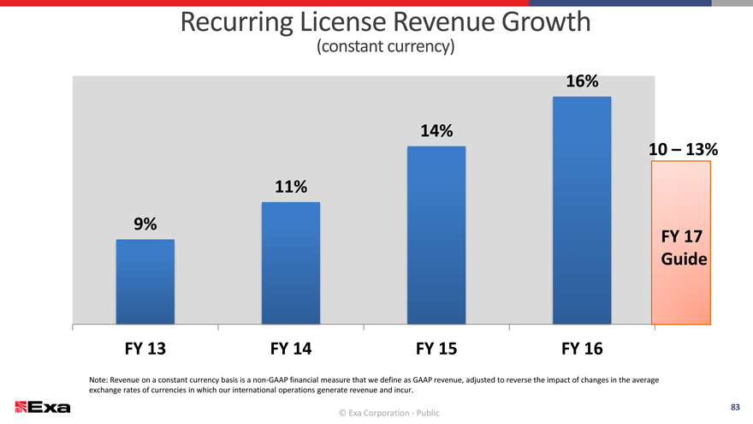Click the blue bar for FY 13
(145, 282)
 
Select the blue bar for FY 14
(291, 263)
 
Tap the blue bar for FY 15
(436, 236)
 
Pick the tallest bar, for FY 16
(582, 211)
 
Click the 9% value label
(145, 224)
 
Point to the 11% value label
(291, 187)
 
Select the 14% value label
(436, 131)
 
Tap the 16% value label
(582, 81)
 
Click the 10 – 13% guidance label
(682, 149)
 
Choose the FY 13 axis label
(145, 349)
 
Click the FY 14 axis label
(291, 349)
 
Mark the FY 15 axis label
(436, 349)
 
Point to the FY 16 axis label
(582, 349)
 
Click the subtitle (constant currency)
(384, 46)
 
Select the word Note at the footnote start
(99, 379)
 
